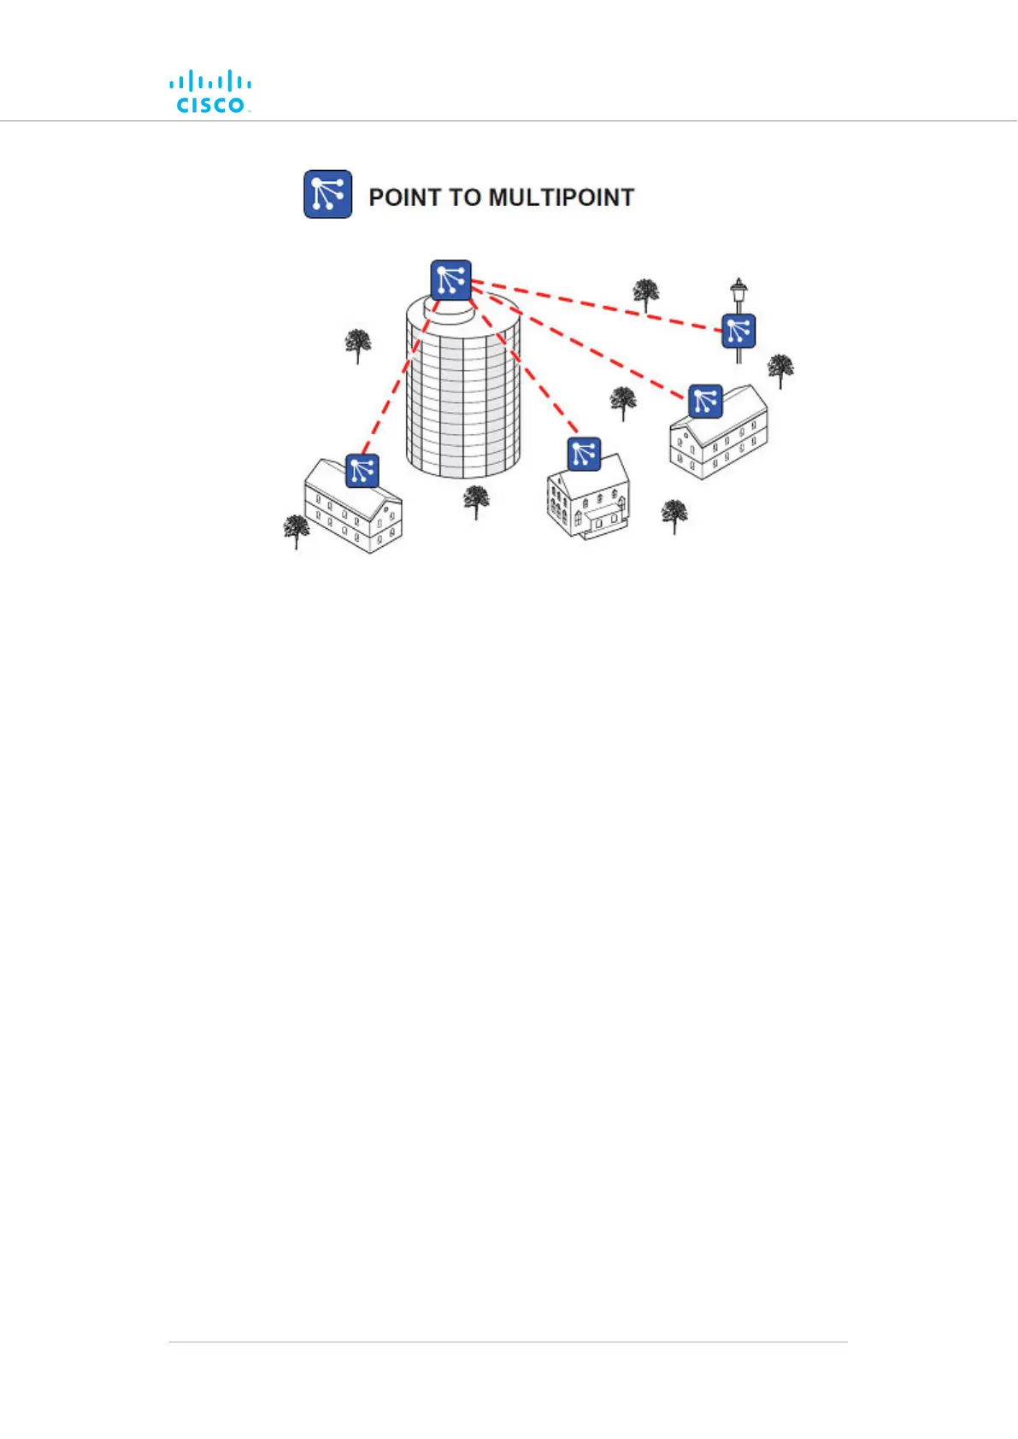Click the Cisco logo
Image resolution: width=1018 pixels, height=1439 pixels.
[x=209, y=92]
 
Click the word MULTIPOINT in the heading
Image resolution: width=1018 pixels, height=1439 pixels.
[x=561, y=197]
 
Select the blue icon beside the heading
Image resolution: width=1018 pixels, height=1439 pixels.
[x=328, y=194]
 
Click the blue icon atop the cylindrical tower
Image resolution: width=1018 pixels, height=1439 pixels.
[x=451, y=280]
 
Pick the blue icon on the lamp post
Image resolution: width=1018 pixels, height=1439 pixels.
[x=738, y=331]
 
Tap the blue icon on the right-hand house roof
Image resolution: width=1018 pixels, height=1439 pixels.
[x=705, y=401]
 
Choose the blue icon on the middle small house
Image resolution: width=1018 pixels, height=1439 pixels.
[x=584, y=454]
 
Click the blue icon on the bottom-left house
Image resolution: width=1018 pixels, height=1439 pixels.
[x=362, y=471]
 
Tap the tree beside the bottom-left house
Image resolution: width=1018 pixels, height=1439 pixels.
[x=297, y=530]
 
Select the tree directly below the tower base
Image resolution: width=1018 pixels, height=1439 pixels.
[x=476, y=501]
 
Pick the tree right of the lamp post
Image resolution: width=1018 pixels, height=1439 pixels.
[x=780, y=370]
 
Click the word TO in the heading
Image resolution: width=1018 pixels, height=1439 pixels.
[x=466, y=197]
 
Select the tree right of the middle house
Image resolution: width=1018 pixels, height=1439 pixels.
[x=674, y=515]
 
